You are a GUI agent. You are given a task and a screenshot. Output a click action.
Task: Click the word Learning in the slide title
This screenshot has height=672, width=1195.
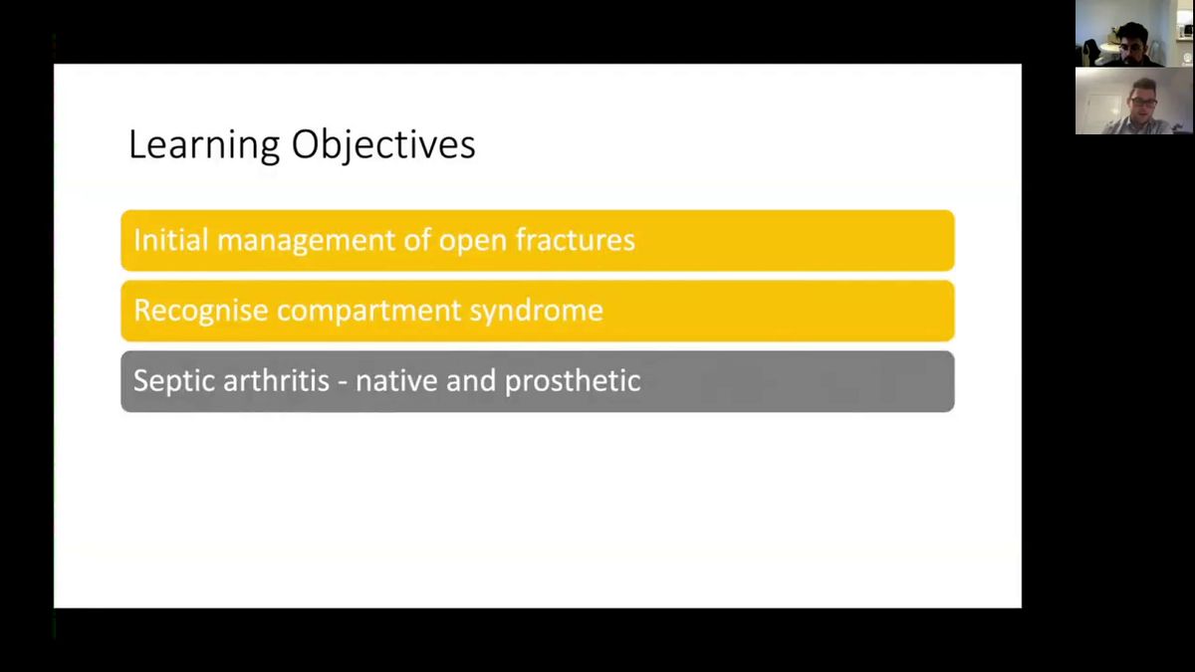pyautogui.click(x=204, y=145)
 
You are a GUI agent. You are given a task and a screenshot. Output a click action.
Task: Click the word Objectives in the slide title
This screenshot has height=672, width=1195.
pyautogui.click(x=383, y=145)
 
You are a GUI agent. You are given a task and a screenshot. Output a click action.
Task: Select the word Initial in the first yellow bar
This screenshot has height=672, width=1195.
pyautogui.click(x=170, y=240)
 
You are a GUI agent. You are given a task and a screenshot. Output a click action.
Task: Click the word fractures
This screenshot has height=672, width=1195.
pyautogui.click(x=576, y=240)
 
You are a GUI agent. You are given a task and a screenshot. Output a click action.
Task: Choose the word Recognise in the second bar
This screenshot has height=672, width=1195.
pyautogui.click(x=200, y=311)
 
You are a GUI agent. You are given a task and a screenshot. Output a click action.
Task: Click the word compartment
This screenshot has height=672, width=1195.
pyautogui.click(x=369, y=312)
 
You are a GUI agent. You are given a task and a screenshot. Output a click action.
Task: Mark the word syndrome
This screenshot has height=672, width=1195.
pyautogui.click(x=537, y=312)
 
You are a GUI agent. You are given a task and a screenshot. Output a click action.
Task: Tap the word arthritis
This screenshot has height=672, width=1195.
pyautogui.click(x=276, y=380)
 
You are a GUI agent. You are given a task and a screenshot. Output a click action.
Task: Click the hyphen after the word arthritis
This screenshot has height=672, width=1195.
pyautogui.click(x=343, y=383)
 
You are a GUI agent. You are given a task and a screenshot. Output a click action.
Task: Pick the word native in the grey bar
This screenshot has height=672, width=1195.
pyautogui.click(x=396, y=380)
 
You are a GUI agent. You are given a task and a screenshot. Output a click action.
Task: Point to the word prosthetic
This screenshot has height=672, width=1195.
pyautogui.click(x=573, y=381)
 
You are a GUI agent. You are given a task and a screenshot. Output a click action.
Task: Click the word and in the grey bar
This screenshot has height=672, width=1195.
pyautogui.click(x=471, y=380)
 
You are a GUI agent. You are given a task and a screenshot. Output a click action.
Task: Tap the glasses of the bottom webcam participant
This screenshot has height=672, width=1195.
pyautogui.click(x=1143, y=102)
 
